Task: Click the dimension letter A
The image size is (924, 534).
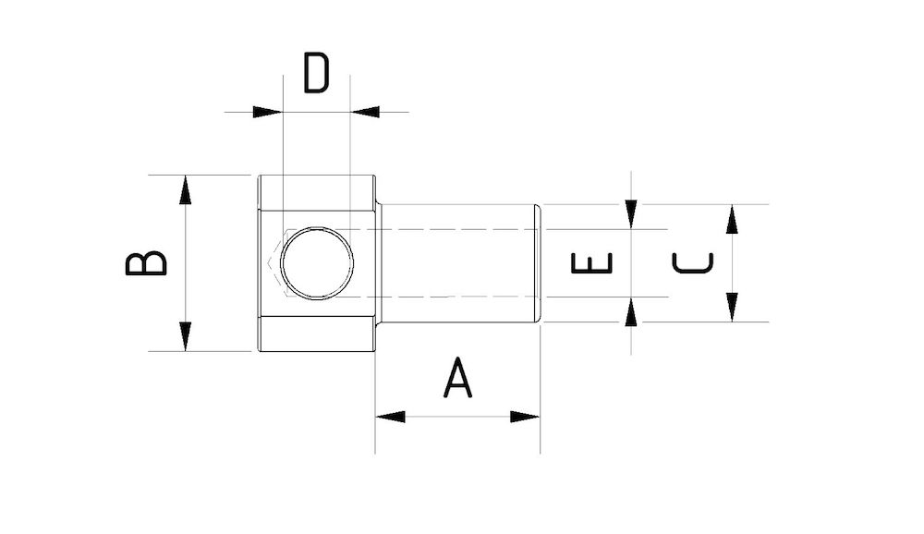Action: coord(457,379)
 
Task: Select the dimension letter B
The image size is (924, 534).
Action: coord(147,263)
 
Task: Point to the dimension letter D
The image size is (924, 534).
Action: coord(316,74)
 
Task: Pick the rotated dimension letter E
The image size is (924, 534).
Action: coord(592,263)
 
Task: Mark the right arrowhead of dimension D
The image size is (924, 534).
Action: coord(365,112)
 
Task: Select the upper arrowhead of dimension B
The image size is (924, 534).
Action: coord(186,189)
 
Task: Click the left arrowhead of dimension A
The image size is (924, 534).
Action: coord(390,417)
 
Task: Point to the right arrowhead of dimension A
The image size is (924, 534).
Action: coord(525,417)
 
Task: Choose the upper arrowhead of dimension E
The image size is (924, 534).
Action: coord(631,214)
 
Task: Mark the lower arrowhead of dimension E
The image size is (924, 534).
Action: coord(631,312)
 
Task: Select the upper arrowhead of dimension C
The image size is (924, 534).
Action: coord(732,219)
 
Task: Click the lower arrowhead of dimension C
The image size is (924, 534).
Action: coord(732,307)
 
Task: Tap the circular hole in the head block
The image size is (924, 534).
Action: coord(317,263)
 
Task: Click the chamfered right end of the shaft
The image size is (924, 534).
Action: coord(538,263)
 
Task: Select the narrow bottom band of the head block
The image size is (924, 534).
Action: coord(316,334)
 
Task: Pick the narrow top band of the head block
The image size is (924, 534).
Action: coord(316,192)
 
